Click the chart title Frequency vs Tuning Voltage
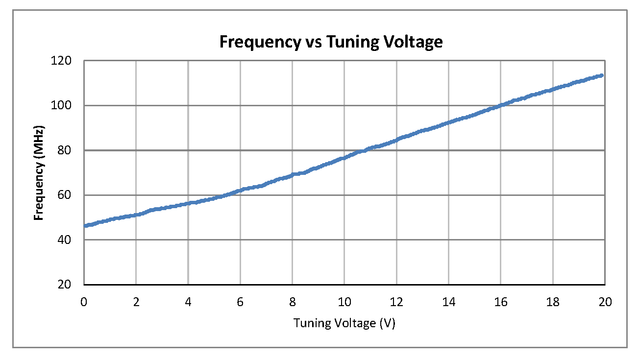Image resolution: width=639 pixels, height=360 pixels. pos(331,42)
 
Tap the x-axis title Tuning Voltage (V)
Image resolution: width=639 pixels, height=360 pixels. pos(344,323)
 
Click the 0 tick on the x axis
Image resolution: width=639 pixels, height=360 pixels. pos(84,302)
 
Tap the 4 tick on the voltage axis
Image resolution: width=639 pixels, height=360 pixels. pos(188,302)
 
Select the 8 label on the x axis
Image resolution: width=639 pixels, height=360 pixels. pos(293,302)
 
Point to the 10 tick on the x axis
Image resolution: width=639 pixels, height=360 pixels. pos(344,302)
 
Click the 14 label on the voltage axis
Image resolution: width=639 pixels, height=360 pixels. pos(449,302)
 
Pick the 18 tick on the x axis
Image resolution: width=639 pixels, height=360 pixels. pos(553,302)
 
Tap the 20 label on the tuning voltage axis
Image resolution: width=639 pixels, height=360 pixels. pos(605,302)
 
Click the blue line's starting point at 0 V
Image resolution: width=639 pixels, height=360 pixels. pos(85,226)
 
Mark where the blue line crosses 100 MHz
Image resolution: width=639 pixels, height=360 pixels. pos(500,105)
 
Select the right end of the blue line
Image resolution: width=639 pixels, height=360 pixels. pos(602,75)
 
